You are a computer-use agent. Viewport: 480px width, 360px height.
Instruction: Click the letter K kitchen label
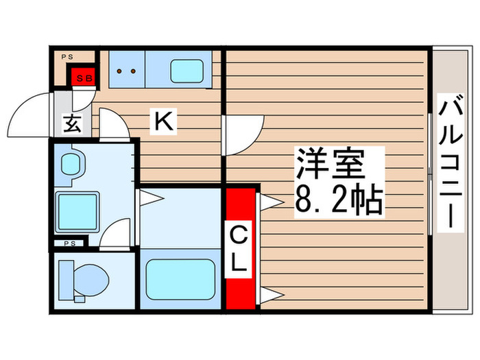point(164,122)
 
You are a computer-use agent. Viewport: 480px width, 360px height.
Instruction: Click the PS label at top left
point(67,56)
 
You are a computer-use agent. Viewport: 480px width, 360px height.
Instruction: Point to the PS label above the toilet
point(69,243)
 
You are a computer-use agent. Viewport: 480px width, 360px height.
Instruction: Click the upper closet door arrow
point(270,200)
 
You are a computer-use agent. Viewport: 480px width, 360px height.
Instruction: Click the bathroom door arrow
point(152,200)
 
